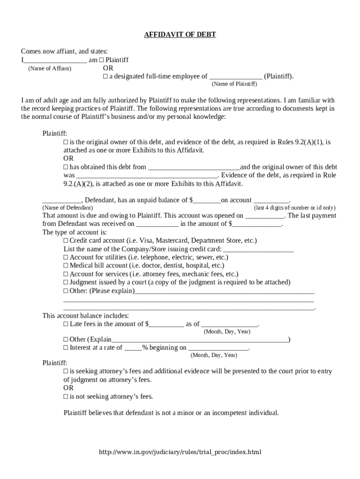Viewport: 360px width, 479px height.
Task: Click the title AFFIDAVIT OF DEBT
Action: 180,35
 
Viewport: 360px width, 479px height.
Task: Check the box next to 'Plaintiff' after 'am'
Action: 101,60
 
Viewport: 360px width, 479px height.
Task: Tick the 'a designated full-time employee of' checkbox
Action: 105,76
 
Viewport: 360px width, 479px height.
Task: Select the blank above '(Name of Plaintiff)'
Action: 236,77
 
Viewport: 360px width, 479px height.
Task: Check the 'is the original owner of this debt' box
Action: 66,142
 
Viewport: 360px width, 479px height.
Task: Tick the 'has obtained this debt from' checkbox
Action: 66,167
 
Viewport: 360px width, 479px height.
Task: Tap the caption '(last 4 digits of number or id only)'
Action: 294,207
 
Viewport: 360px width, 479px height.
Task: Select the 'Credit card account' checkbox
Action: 66,240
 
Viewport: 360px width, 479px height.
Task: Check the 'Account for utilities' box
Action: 66,257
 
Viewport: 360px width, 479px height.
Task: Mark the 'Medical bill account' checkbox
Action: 66,266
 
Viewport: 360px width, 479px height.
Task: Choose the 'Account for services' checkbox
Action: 66,274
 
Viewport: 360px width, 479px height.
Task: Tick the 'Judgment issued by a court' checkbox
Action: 66,283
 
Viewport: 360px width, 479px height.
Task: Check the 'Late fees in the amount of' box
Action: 66,324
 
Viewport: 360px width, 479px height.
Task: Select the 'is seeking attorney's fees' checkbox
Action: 66,371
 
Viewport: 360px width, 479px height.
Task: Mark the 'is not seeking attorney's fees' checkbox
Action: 66,397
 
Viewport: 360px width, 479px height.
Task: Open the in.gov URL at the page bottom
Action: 180,452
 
